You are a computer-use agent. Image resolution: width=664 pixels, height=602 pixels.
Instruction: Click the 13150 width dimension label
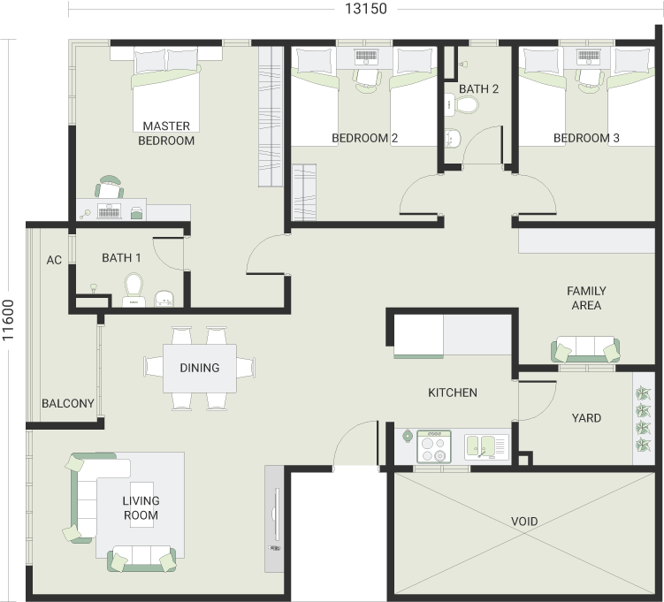pos(366,9)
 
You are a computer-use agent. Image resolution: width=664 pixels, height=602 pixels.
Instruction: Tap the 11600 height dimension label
pos(8,320)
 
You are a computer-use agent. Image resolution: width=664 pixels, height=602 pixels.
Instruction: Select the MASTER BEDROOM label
pos(166,133)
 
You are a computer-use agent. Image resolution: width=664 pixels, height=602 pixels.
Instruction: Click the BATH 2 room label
pos(478,89)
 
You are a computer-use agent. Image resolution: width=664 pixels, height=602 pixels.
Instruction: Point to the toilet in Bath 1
pos(134,290)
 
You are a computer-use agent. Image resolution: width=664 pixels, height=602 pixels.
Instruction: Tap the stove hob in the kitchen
pos(434,446)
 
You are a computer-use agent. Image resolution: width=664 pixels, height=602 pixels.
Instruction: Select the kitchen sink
pos(486,447)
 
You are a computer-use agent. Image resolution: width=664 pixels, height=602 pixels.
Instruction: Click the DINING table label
pos(200,368)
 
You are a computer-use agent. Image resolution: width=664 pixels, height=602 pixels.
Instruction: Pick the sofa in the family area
pos(585,349)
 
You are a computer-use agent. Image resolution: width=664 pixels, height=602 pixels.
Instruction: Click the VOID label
pos(524,522)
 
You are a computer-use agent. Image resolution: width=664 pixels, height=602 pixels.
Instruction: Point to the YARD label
pos(586,418)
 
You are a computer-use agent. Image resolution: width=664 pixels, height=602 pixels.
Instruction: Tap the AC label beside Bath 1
pos(54,260)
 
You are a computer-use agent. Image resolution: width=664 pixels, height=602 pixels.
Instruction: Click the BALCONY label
pos(68,403)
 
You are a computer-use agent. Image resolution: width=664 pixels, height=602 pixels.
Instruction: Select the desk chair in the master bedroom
pos(110,187)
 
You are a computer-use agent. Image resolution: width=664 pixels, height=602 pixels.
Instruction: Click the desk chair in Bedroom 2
pos(367,80)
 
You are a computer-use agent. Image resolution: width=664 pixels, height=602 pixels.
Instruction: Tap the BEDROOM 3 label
pos(586,138)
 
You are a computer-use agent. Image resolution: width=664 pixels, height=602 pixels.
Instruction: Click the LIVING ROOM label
pos(141,508)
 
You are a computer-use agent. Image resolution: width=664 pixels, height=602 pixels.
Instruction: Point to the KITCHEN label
pos(453,392)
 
